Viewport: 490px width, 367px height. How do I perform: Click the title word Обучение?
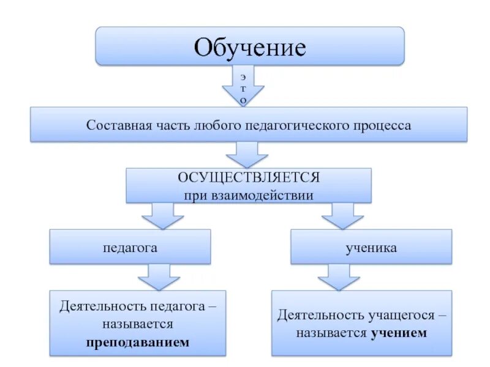[x=250, y=46]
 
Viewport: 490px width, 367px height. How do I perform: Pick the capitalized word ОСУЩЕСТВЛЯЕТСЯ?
[x=249, y=177]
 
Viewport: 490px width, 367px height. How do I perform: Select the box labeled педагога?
[x=130, y=247]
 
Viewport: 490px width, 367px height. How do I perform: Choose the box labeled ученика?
[x=371, y=247]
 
